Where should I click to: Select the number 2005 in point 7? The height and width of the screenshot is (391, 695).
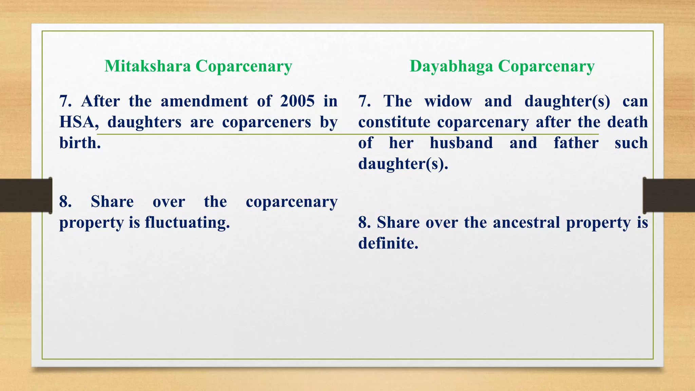[298, 101]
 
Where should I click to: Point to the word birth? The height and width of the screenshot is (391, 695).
[80, 143]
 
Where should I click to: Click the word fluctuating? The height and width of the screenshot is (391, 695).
[187, 223]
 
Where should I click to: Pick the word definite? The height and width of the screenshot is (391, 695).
[388, 243]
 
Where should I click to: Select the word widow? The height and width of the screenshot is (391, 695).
[448, 101]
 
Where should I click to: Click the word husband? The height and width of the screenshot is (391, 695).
[461, 143]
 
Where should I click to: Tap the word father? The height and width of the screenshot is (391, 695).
[576, 143]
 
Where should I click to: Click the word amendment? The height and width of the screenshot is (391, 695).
[204, 101]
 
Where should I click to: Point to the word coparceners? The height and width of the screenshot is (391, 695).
[266, 122]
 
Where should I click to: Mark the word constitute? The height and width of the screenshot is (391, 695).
[394, 122]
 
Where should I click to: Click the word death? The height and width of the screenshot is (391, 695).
[627, 122]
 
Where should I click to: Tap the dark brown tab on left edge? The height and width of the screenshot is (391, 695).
[25, 195]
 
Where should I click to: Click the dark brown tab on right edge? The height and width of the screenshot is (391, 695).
[669, 195]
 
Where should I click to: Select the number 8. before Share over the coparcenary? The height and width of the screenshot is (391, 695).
[65, 202]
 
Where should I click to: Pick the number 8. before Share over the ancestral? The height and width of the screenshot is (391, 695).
[364, 223]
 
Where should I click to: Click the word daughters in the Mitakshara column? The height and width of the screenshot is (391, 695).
[144, 122]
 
